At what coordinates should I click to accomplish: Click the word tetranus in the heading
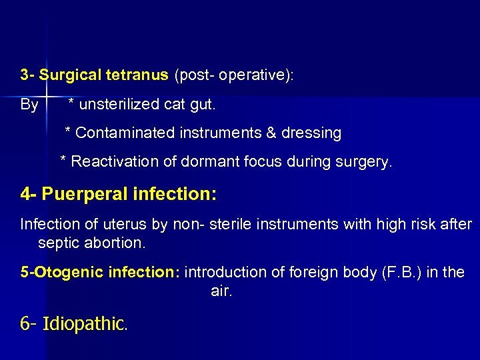(x=137, y=75)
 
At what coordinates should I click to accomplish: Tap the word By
(x=29, y=105)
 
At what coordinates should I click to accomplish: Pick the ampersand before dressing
(x=271, y=133)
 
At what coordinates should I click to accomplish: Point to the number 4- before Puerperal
(x=29, y=195)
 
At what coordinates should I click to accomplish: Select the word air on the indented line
(x=221, y=291)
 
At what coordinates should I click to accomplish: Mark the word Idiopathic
(x=84, y=325)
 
